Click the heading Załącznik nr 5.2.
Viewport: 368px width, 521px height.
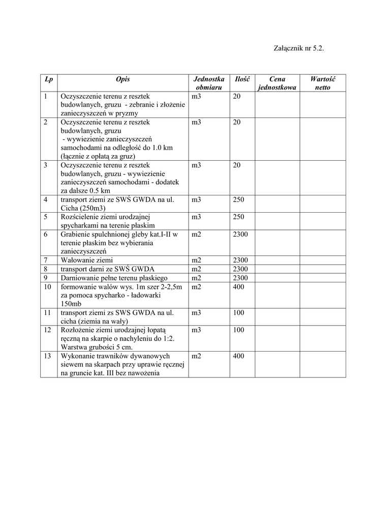(x=299, y=49)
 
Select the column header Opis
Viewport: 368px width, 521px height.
(x=122, y=79)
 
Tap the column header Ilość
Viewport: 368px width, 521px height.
(x=241, y=79)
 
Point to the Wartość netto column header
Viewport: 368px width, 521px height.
(x=322, y=83)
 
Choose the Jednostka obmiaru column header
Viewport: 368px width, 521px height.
(x=209, y=83)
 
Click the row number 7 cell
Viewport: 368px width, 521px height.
(x=46, y=260)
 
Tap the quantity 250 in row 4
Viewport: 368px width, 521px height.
(x=238, y=200)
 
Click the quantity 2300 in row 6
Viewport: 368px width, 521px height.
(x=240, y=235)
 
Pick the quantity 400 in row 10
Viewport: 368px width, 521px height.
(x=238, y=287)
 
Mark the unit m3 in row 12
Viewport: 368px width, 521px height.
(x=197, y=330)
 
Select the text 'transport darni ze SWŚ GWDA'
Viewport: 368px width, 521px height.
(x=107, y=269)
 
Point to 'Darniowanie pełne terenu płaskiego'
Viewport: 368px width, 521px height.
(x=114, y=278)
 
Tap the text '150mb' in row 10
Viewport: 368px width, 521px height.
(x=71, y=304)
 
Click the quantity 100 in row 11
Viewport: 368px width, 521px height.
(x=238, y=313)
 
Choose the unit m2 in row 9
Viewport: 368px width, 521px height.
(x=197, y=278)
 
